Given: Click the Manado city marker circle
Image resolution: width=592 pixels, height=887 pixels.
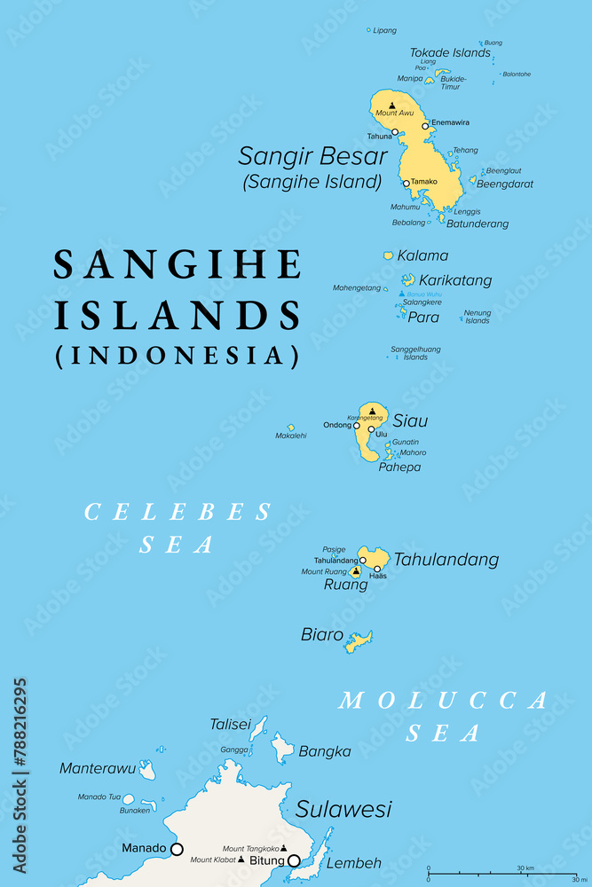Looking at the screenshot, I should coord(177,849).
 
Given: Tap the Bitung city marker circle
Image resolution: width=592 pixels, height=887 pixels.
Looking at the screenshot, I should coord(294,860).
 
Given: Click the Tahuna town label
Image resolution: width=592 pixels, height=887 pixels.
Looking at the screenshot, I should coord(379,137).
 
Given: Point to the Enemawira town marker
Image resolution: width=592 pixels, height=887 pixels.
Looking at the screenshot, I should coord(425,126).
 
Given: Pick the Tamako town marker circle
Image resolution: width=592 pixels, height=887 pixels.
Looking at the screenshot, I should coord(406,184).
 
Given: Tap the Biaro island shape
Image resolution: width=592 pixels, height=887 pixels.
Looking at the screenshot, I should coord(359,640).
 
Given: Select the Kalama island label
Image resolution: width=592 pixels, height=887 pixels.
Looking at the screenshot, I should coord(422,255).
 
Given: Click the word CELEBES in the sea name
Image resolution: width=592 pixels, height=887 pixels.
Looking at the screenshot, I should coord(178,512).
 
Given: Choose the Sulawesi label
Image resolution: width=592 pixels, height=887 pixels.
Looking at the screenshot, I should coord(343,809).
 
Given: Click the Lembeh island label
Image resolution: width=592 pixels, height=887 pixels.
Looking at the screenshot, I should coord(354,863).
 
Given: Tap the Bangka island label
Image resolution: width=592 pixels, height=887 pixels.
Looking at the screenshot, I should coord(325,751).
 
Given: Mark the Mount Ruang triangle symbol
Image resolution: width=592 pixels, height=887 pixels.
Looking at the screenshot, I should coord(356,571).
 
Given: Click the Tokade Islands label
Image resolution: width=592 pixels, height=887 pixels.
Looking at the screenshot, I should coord(450,52).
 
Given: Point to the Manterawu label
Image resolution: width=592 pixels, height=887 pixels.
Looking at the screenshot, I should coord(97,768).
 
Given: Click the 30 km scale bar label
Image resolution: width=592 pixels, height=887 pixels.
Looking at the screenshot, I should coord(525,867).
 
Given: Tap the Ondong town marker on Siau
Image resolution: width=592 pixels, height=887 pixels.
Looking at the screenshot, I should coord(357,426).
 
